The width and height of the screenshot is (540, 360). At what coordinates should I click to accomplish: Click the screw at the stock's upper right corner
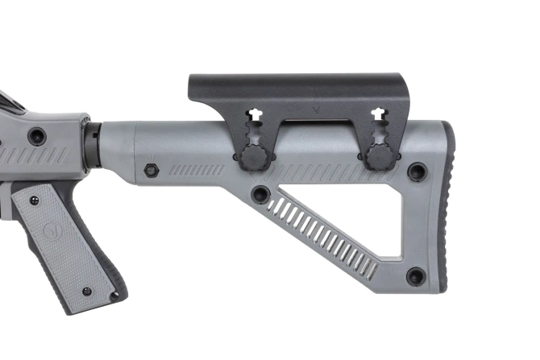pos(417,171)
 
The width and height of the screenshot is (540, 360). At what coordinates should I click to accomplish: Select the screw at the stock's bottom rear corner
pos(415,276)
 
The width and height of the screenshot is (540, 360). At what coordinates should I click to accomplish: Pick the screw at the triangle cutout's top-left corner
pos(260,194)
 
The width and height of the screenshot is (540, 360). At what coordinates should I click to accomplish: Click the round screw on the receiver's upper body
pos(36,134)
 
